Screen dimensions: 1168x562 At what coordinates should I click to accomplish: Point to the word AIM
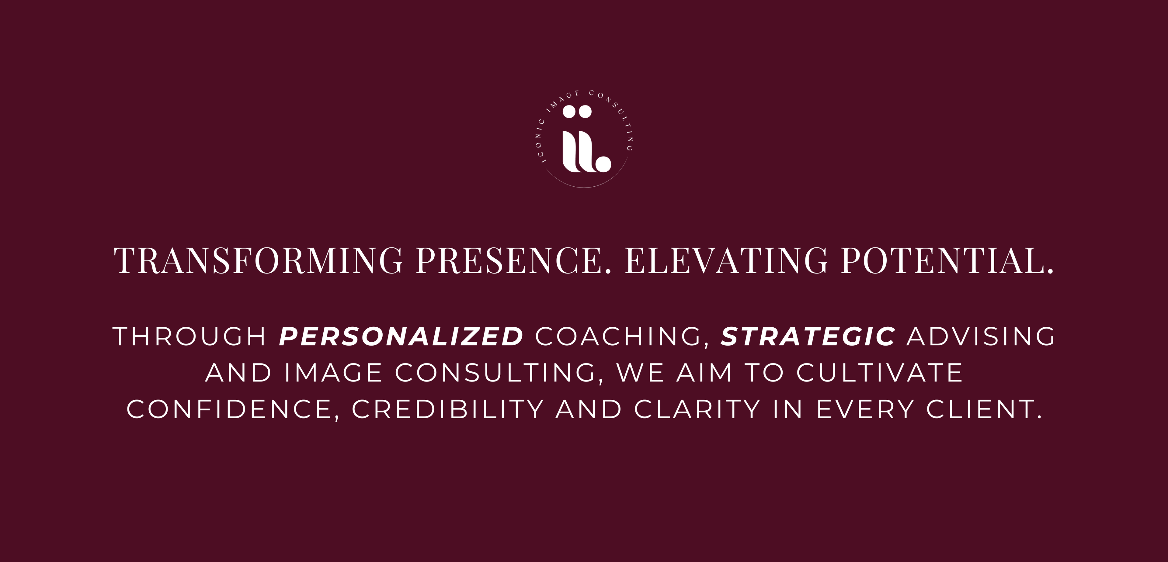(705, 373)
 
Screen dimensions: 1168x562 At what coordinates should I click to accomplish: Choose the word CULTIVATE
(880, 373)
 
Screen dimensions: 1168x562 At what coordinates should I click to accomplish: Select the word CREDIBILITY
(448, 409)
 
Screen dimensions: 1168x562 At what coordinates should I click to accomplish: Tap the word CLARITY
(697, 409)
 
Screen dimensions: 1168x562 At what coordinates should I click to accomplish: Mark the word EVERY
(865, 409)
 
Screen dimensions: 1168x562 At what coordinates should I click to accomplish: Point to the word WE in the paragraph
(641, 373)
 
